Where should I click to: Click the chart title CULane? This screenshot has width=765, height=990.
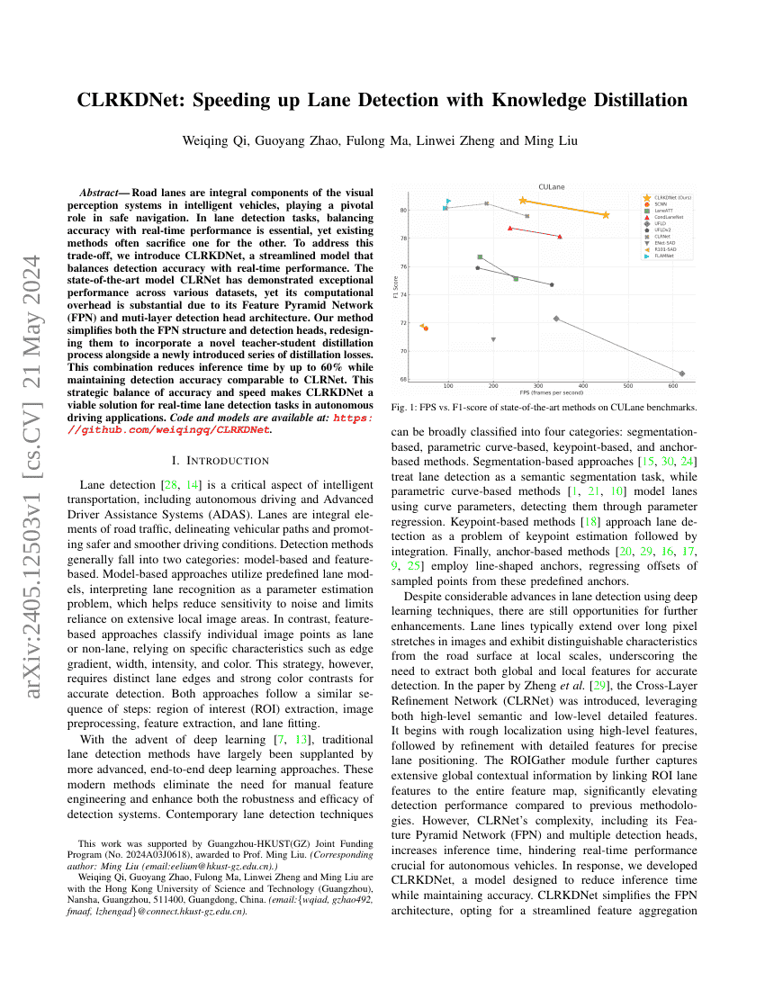tap(551, 186)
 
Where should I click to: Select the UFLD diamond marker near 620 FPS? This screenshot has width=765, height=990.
tap(681, 373)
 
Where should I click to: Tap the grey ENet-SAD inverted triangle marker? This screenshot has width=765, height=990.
tap(493, 339)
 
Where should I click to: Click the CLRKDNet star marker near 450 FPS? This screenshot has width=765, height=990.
tap(606, 215)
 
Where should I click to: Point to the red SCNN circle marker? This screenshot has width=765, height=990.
tap(426, 328)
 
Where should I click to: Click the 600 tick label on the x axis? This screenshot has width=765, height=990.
tap(672, 385)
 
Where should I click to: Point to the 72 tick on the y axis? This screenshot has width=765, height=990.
tap(403, 323)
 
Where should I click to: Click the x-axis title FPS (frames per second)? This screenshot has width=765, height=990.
tap(551, 393)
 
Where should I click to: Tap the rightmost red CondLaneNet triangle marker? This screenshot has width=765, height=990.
tap(560, 237)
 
